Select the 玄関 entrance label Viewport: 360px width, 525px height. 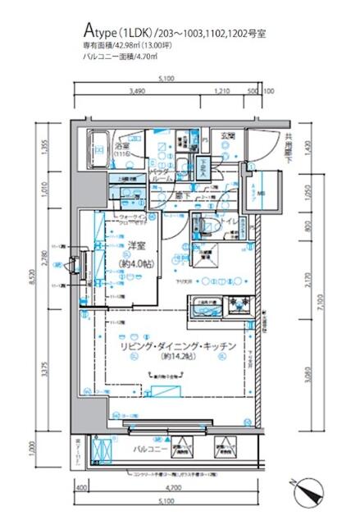pos(226,135)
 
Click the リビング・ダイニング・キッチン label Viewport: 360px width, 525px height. pos(175,346)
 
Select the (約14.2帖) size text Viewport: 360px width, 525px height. pos(175,358)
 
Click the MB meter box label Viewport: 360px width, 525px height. pos(262,193)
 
